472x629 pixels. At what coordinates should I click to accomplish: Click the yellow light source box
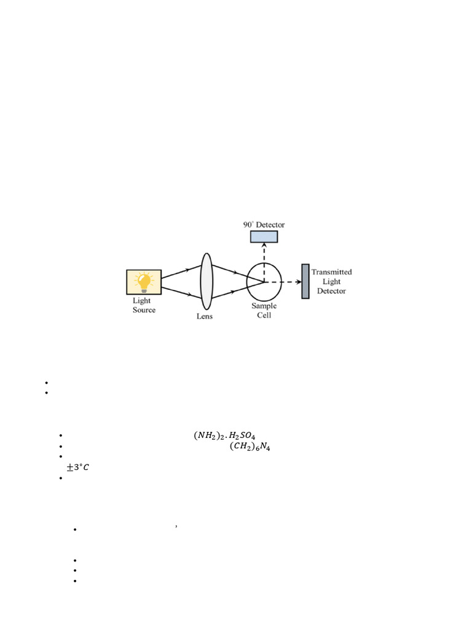144,283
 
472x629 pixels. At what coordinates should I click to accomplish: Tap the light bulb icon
144,281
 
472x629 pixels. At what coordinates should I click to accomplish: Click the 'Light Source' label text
144,305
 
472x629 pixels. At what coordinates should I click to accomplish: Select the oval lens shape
206,282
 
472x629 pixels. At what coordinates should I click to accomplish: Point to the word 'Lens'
205,316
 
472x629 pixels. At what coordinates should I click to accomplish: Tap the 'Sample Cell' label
264,310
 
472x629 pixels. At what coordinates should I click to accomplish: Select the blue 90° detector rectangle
264,236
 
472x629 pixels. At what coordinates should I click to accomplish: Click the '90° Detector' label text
264,225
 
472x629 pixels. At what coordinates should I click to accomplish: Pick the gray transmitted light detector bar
305,281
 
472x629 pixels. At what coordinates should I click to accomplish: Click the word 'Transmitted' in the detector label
332,272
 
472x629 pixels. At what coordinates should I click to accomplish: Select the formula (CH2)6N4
250,447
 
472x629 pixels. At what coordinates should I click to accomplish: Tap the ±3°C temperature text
77,467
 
